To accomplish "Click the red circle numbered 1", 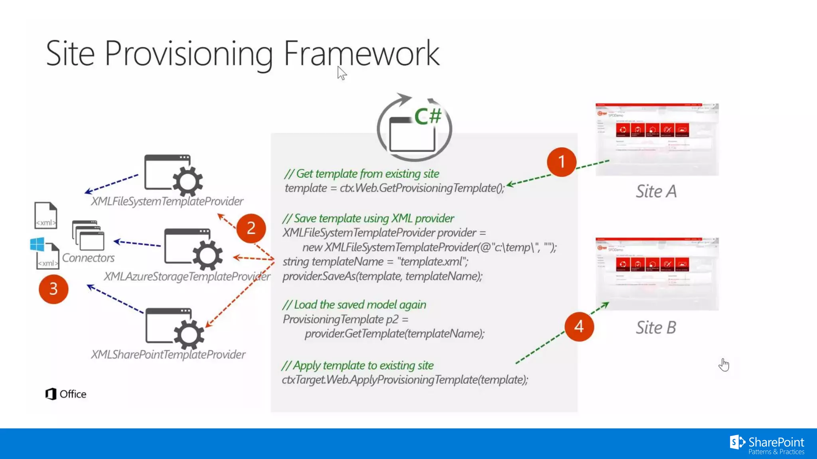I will [561, 162].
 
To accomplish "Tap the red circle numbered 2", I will [251, 228].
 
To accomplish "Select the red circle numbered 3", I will [53, 289].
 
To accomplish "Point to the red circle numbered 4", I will [579, 327].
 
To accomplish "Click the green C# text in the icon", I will [428, 116].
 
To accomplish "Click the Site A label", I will [656, 191].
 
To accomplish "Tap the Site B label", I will [656, 328].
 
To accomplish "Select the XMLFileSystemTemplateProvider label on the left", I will [167, 201].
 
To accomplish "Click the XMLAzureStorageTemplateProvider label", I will [187, 276].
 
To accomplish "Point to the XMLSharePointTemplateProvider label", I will [168, 354].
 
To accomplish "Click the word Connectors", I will [88, 258].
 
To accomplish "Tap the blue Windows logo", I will [37, 244].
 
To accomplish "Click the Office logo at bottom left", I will [66, 394].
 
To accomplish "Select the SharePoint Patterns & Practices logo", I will [767, 445].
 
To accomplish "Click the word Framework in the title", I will [361, 53].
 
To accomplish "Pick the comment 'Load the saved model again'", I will [354, 305].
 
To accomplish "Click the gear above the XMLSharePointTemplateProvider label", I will [189, 334].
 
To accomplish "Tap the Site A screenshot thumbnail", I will [657, 139].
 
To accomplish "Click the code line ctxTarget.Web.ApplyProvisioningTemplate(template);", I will [405, 380].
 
